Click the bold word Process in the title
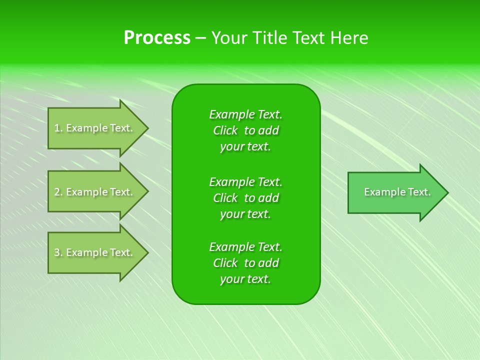157,38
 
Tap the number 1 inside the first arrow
57,128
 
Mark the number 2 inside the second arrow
57,192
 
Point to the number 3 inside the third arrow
57,252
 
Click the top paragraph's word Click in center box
225,130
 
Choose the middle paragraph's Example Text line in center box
245,181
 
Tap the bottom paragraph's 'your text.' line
245,279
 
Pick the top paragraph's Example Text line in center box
245,114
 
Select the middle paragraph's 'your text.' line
245,214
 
